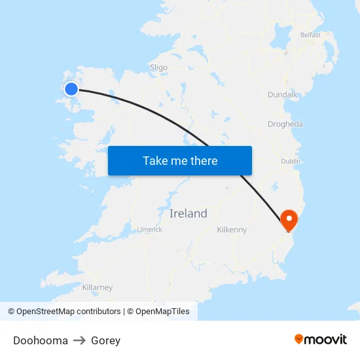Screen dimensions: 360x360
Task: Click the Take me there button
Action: click(180, 161)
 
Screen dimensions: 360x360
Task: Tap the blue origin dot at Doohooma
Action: click(71, 89)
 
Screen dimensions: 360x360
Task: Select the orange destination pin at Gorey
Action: click(288, 219)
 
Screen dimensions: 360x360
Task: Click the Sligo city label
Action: click(158, 67)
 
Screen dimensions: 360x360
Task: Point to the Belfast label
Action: click(310, 35)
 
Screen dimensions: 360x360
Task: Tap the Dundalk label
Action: click(282, 95)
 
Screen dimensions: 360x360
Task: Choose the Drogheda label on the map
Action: click(285, 124)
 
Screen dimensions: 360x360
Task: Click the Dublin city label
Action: click(291, 161)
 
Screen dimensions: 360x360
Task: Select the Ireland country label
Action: click(188, 213)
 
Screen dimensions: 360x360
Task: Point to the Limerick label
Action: click(149, 229)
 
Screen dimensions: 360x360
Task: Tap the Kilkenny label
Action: click(232, 230)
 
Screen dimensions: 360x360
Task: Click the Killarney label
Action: click(98, 287)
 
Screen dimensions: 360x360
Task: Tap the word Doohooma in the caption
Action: click(41, 340)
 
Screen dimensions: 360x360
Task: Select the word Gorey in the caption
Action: click(105, 340)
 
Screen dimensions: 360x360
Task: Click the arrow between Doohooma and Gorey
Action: click(79, 340)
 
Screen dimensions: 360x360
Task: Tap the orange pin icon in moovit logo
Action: click(299, 339)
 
